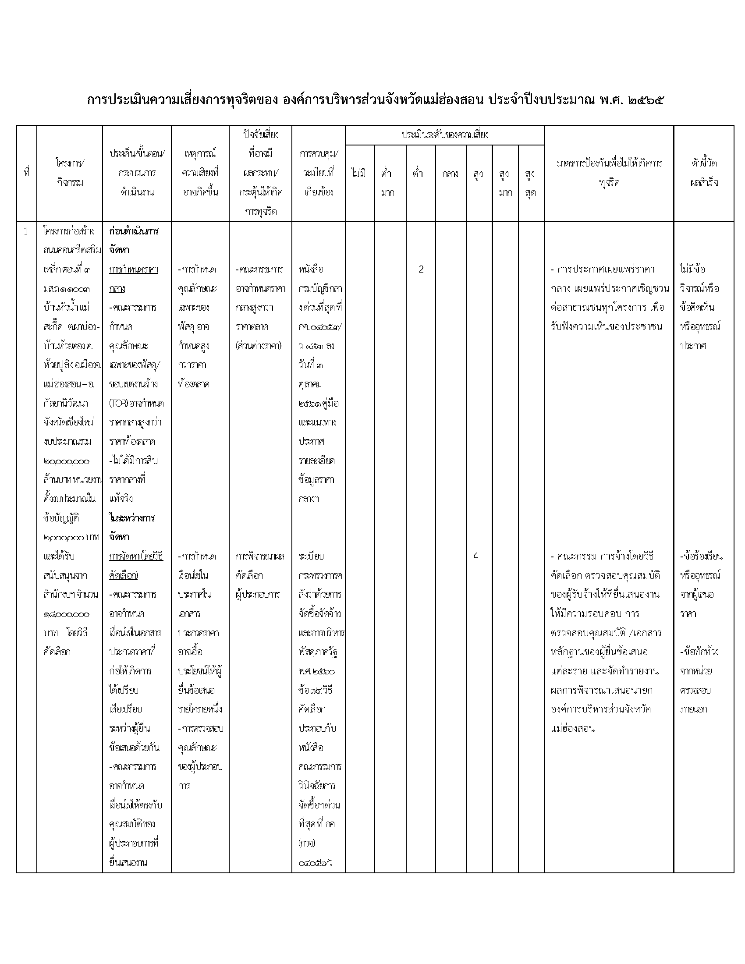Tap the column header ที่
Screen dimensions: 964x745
[26, 173]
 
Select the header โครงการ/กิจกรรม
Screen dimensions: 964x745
[70, 173]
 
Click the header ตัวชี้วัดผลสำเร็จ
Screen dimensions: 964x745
[703, 173]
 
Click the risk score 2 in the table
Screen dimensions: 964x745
[421, 269]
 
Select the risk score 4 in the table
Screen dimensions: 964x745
[475, 556]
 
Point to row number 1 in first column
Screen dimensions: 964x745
[25, 231]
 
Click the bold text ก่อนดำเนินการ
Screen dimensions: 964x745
[134, 231]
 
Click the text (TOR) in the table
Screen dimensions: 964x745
[118, 404]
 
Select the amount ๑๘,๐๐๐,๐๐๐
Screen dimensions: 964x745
[66, 614]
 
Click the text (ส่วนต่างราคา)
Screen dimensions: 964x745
[259, 346]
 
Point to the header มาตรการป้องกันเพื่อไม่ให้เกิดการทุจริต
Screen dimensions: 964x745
[609, 173]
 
